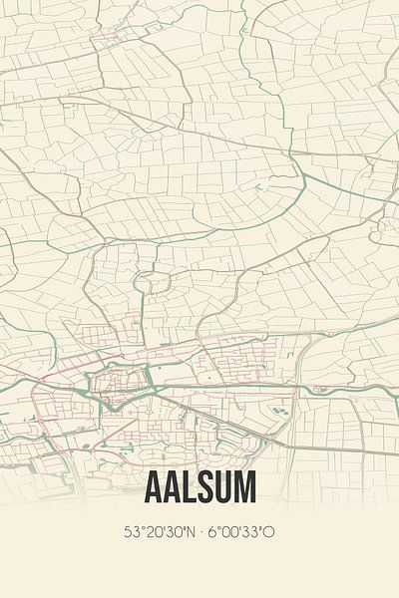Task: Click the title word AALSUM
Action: [x=199, y=486]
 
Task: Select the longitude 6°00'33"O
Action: [x=239, y=532]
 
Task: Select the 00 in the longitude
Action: [x=229, y=532]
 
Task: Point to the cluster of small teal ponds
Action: [x=280, y=409]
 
